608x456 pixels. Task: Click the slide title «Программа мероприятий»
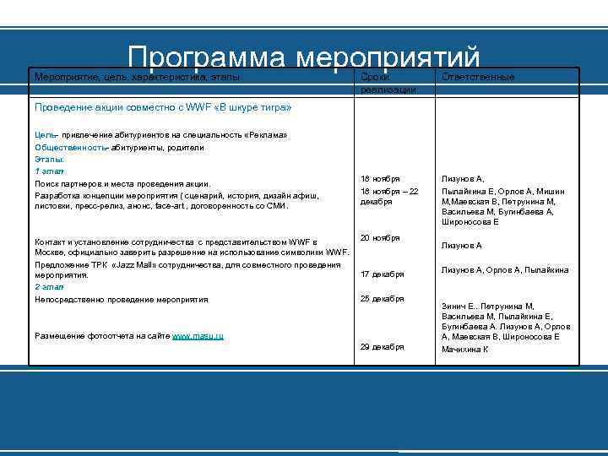304,57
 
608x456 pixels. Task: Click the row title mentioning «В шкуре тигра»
162,108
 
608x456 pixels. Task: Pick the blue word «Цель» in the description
45,135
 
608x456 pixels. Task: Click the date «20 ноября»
380,238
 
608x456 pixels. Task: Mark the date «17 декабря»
382,274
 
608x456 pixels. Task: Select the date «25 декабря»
382,299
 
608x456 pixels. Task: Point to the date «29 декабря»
382,347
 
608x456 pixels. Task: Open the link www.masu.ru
198,336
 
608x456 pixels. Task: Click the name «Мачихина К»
465,349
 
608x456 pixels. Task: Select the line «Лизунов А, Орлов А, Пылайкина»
504,270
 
